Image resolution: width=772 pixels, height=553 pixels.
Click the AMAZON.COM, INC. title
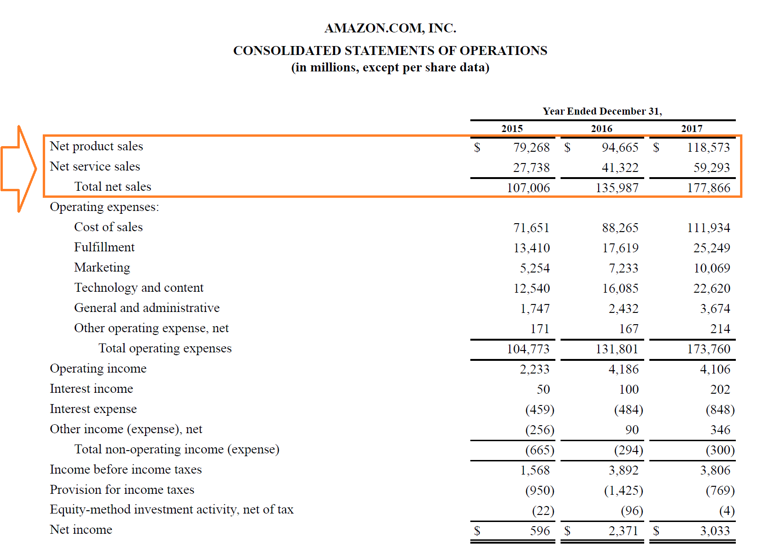click(390, 28)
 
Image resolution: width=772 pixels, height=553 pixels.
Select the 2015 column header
click(512, 129)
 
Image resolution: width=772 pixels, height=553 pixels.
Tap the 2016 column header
click(601, 129)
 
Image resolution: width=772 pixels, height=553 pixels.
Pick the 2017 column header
click(692, 129)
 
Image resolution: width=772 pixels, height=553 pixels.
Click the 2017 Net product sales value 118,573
click(708, 148)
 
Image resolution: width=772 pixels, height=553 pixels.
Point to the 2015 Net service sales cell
click(531, 168)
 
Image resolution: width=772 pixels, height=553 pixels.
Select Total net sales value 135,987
click(617, 188)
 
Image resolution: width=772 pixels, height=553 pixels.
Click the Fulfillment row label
click(104, 247)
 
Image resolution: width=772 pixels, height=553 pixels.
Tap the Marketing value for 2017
click(711, 268)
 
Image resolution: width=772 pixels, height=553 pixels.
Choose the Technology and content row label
click(139, 288)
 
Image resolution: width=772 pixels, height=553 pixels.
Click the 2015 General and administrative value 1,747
click(534, 309)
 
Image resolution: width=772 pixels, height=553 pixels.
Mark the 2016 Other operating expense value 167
click(629, 329)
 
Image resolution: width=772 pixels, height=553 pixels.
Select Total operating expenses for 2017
click(709, 349)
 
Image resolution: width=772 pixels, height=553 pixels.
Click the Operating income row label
click(98, 368)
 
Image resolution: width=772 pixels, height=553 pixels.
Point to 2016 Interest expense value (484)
click(628, 410)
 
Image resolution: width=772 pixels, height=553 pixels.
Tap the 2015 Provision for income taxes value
click(539, 491)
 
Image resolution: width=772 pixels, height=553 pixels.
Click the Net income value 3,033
click(715, 531)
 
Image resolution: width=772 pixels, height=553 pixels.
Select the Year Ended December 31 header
click(602, 111)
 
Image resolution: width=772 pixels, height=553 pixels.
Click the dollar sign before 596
click(477, 531)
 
